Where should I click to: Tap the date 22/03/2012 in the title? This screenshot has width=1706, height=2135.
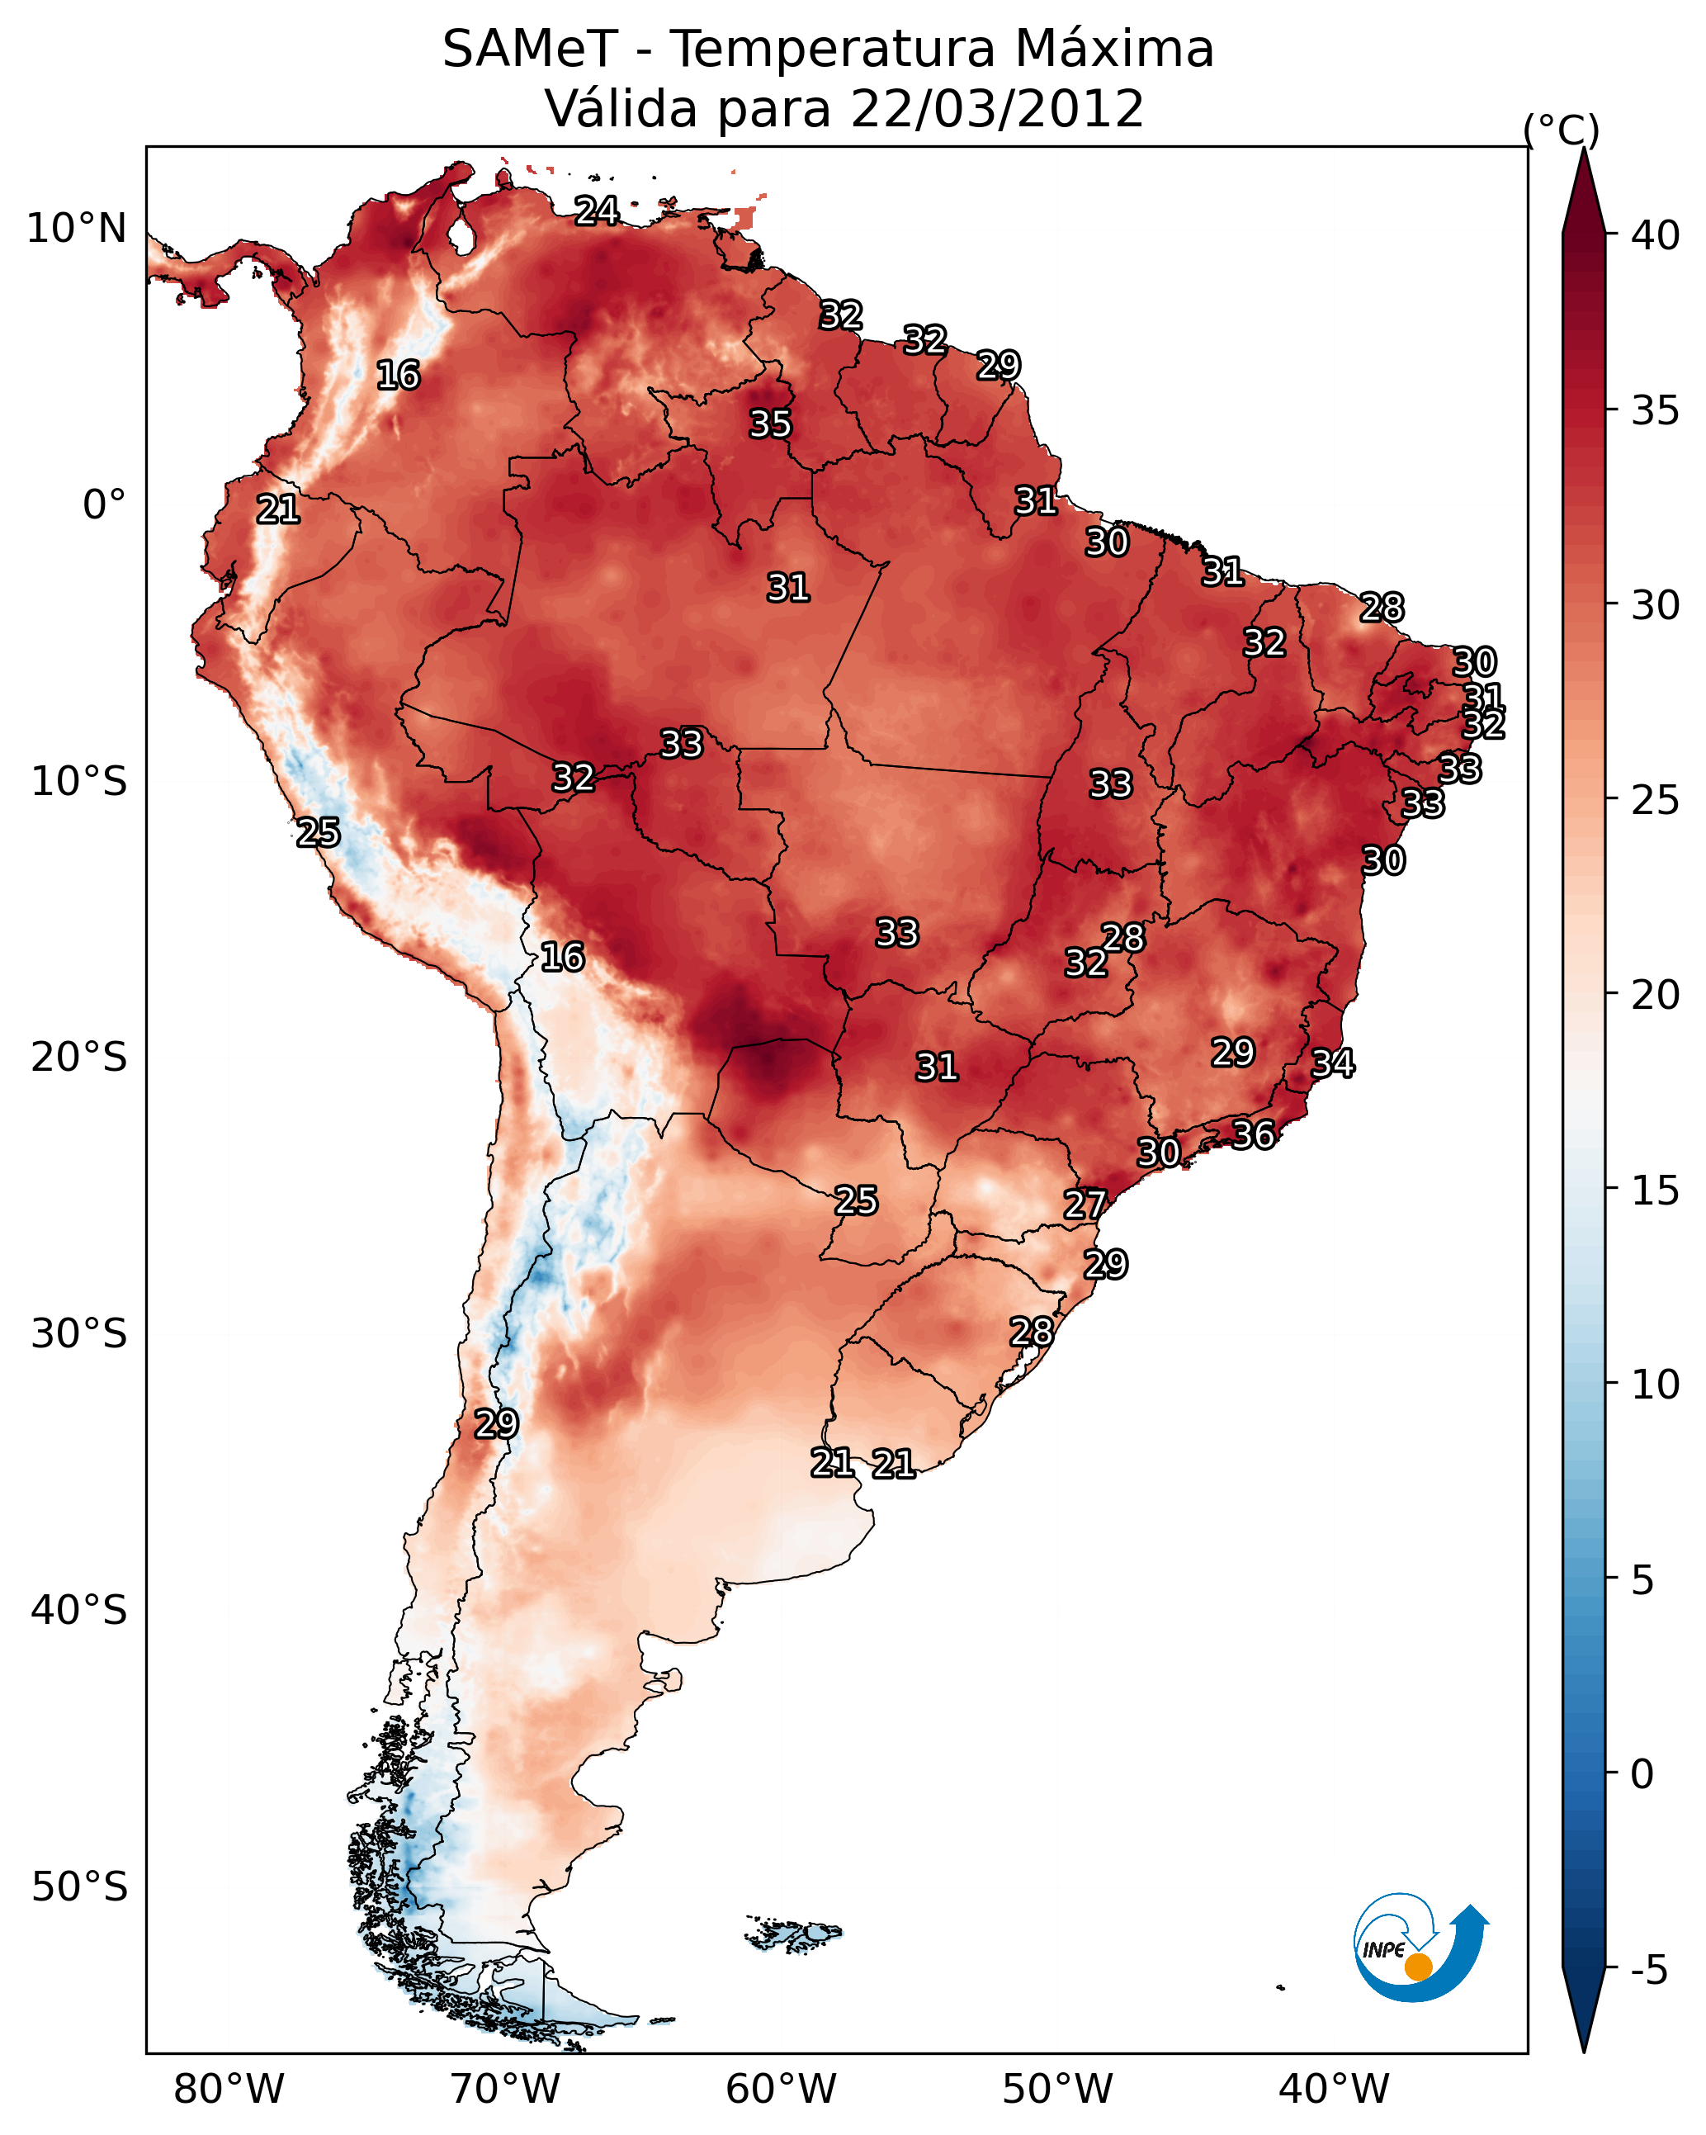click(996, 108)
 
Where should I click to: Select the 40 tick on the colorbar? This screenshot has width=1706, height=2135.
click(1656, 235)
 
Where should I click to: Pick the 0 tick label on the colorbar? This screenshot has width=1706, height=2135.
click(1641, 1774)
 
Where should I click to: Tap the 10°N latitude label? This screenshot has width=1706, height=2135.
click(76, 229)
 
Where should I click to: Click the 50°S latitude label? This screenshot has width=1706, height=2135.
click(78, 1887)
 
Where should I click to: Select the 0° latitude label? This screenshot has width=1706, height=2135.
click(104, 505)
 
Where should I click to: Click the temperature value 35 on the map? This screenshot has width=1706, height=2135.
click(769, 424)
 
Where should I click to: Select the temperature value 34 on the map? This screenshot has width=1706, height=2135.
click(1332, 1063)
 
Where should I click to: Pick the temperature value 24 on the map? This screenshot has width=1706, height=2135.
click(597, 210)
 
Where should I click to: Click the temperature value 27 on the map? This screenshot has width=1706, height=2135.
click(1085, 1205)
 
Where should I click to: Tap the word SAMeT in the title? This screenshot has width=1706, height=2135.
click(530, 49)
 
